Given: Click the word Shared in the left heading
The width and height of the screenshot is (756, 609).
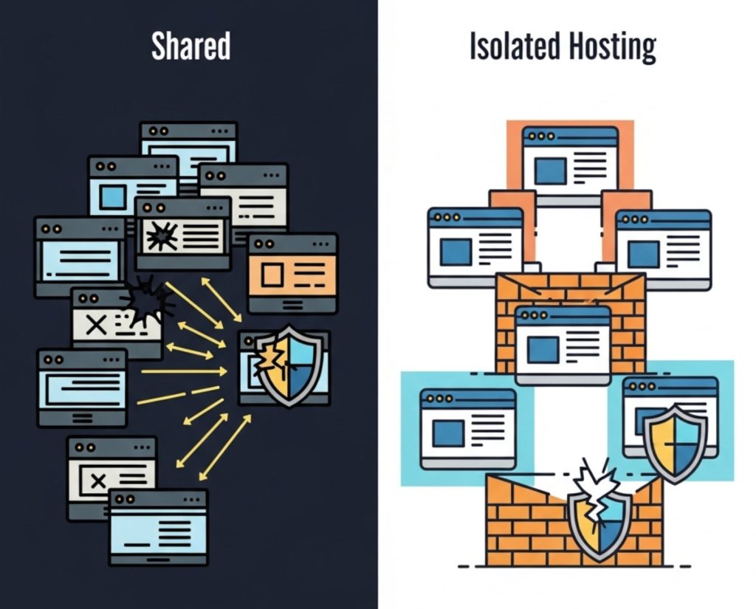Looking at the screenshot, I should point(190,47).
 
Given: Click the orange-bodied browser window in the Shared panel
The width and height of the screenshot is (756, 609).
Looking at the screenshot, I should point(292,272).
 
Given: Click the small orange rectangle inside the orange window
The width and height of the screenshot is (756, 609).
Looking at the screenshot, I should point(272,275).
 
